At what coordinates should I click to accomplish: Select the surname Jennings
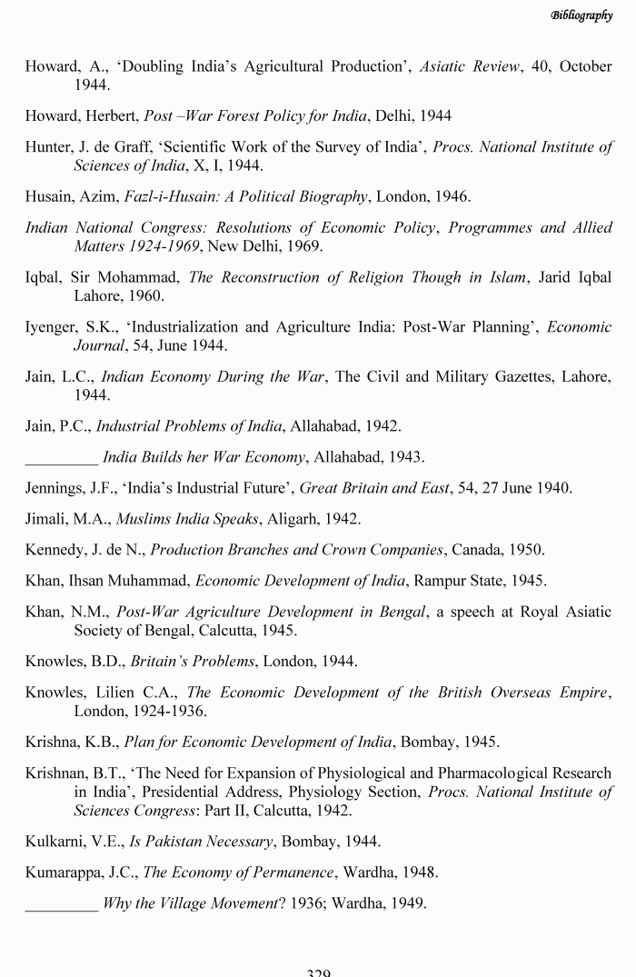pos(56,488)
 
